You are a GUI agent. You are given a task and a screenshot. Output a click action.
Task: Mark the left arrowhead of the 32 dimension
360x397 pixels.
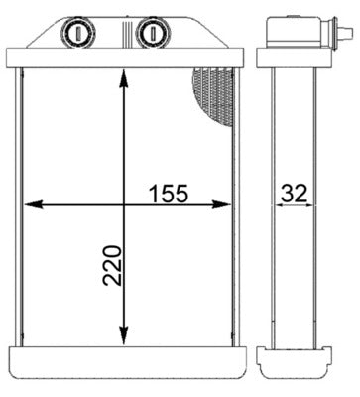point(270,205)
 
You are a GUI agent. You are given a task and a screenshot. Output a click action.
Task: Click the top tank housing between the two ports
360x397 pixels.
point(114,45)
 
